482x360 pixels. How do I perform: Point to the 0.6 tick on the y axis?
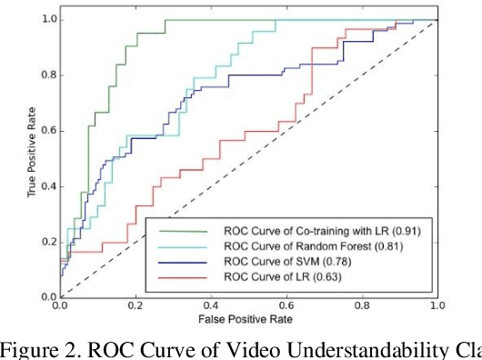46,131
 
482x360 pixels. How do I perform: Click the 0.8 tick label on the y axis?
46,75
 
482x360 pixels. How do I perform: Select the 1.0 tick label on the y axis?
46,19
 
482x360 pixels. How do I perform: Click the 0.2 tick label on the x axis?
136,307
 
